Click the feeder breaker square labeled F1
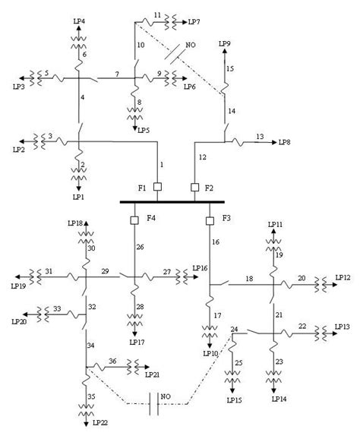click(x=157, y=187)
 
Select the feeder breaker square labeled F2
click(x=194, y=187)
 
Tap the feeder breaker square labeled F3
click(x=210, y=220)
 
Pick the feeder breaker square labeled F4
click(x=134, y=220)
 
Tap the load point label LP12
click(x=343, y=279)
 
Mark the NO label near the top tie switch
click(x=190, y=46)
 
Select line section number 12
click(x=202, y=157)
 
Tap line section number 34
click(x=92, y=346)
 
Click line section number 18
click(x=249, y=279)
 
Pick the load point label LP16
click(x=200, y=268)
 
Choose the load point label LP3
click(x=17, y=88)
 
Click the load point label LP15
click(x=235, y=400)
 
